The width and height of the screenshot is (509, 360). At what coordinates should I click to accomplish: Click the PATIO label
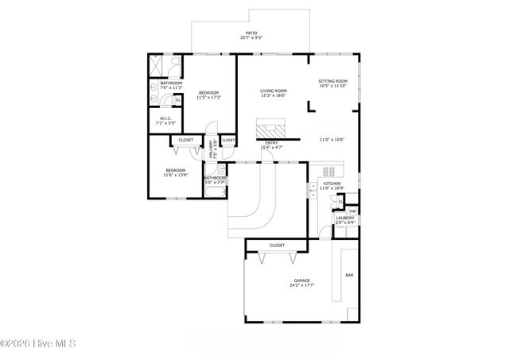[251, 33]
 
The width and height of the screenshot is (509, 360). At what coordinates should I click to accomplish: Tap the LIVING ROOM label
[273, 91]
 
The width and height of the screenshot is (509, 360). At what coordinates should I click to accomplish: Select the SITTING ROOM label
[333, 81]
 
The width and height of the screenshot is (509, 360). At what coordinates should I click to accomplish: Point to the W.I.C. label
[166, 119]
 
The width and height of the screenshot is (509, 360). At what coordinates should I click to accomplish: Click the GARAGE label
[302, 281]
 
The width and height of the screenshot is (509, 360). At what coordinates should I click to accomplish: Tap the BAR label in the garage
[348, 275]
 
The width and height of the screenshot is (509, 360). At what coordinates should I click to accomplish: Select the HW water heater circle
[352, 211]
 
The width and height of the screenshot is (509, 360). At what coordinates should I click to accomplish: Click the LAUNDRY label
[344, 218]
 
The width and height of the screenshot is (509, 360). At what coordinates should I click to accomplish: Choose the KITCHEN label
[332, 184]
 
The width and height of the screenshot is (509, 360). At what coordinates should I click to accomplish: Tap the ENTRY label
[272, 143]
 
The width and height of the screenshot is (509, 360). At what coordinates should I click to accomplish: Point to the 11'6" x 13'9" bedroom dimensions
[175, 175]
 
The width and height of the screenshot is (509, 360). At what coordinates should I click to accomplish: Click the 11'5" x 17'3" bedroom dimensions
[208, 97]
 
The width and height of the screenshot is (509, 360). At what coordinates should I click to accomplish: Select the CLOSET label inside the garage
[278, 246]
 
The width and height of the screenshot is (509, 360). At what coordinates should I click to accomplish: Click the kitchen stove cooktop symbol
[329, 170]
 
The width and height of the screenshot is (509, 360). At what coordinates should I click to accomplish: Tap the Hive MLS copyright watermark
[38, 344]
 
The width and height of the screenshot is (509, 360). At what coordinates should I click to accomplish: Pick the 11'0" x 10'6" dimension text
[332, 140]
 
